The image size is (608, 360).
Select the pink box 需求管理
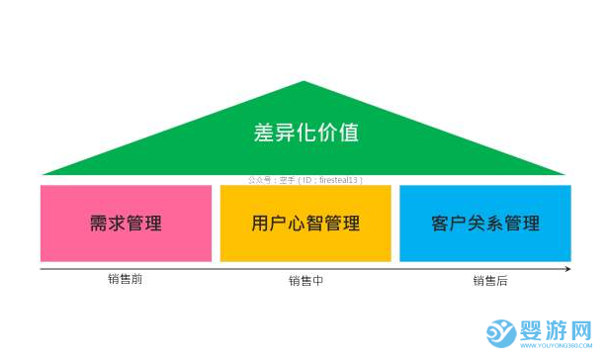pyautogui.click(x=126, y=223)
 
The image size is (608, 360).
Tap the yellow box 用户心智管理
pyautogui.click(x=305, y=223)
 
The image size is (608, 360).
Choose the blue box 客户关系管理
pyautogui.click(x=485, y=223)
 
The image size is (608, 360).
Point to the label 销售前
pyautogui.click(x=126, y=280)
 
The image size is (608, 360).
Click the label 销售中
pyautogui.click(x=305, y=281)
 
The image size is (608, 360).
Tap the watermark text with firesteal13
pyautogui.click(x=305, y=180)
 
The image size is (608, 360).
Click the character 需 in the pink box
pyautogui.click(x=99, y=223)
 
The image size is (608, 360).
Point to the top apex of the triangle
pyautogui.click(x=305, y=83)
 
